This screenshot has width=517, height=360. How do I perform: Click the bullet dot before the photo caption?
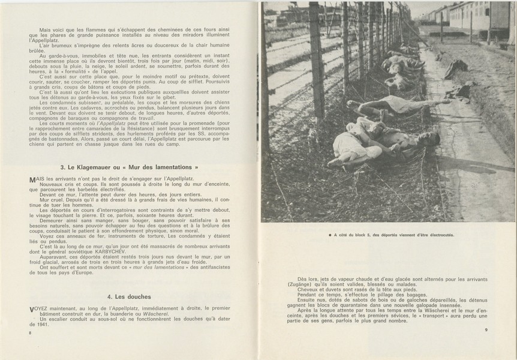coord(322,235)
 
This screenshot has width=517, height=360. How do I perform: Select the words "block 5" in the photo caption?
coord(366,235)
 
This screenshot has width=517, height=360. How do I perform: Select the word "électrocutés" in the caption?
coord(437,235)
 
